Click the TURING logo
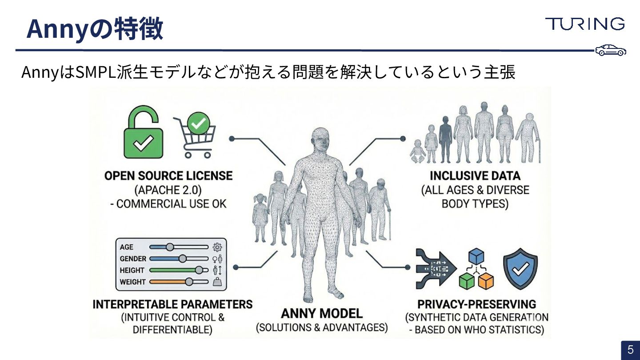tap(584, 24)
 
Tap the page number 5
tap(630, 350)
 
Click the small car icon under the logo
tap(611, 50)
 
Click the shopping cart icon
tap(195, 136)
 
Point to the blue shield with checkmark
tap(520, 268)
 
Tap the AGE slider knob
tap(169, 247)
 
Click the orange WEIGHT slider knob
tap(189, 281)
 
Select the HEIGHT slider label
tap(132, 270)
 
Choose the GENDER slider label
tap(133, 259)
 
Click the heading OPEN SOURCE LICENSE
tap(168, 176)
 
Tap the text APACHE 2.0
tap(168, 190)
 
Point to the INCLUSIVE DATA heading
tap(475, 176)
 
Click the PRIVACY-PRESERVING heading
tap(476, 304)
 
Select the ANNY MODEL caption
tap(322, 313)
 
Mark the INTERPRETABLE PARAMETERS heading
tap(172, 304)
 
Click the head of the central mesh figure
tap(321, 140)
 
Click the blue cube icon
tap(476, 256)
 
